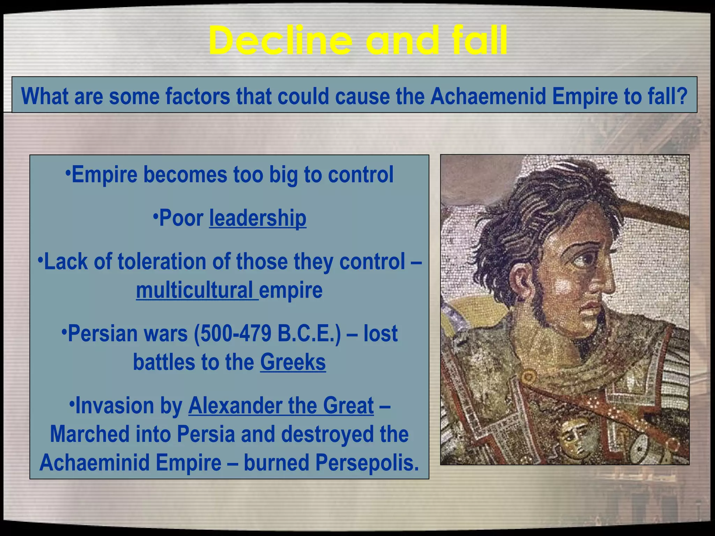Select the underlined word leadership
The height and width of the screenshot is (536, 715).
258,218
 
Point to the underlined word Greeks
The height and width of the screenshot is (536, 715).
293,362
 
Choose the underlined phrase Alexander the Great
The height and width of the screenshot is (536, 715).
281,405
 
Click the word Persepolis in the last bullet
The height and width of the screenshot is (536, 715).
367,463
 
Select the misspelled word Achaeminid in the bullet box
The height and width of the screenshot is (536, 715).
95,463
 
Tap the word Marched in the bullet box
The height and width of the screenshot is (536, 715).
90,434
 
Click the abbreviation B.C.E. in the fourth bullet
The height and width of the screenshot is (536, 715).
309,334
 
